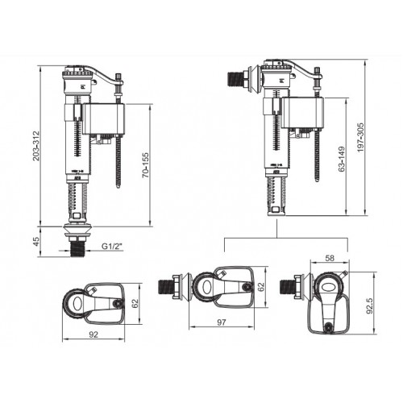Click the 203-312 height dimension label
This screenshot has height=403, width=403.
(36, 146)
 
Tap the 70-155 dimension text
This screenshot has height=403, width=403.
(145, 165)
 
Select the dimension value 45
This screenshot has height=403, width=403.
(36, 241)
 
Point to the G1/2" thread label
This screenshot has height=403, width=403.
(110, 246)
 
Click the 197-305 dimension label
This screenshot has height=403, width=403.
(360, 138)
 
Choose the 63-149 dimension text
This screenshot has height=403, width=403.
(342, 159)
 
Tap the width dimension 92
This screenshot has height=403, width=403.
(93, 334)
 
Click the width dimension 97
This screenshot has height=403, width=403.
(222, 322)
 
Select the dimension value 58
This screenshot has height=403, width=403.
(330, 258)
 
